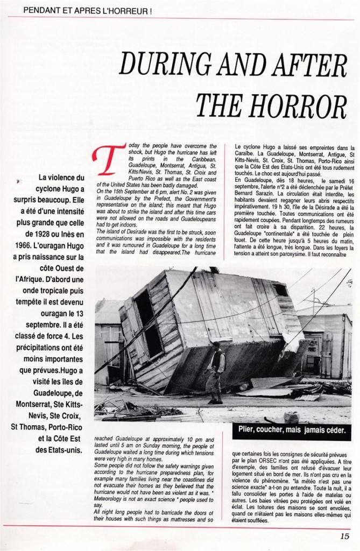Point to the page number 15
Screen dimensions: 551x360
344,535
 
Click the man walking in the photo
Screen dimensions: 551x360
215,371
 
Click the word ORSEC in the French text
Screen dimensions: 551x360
259,461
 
